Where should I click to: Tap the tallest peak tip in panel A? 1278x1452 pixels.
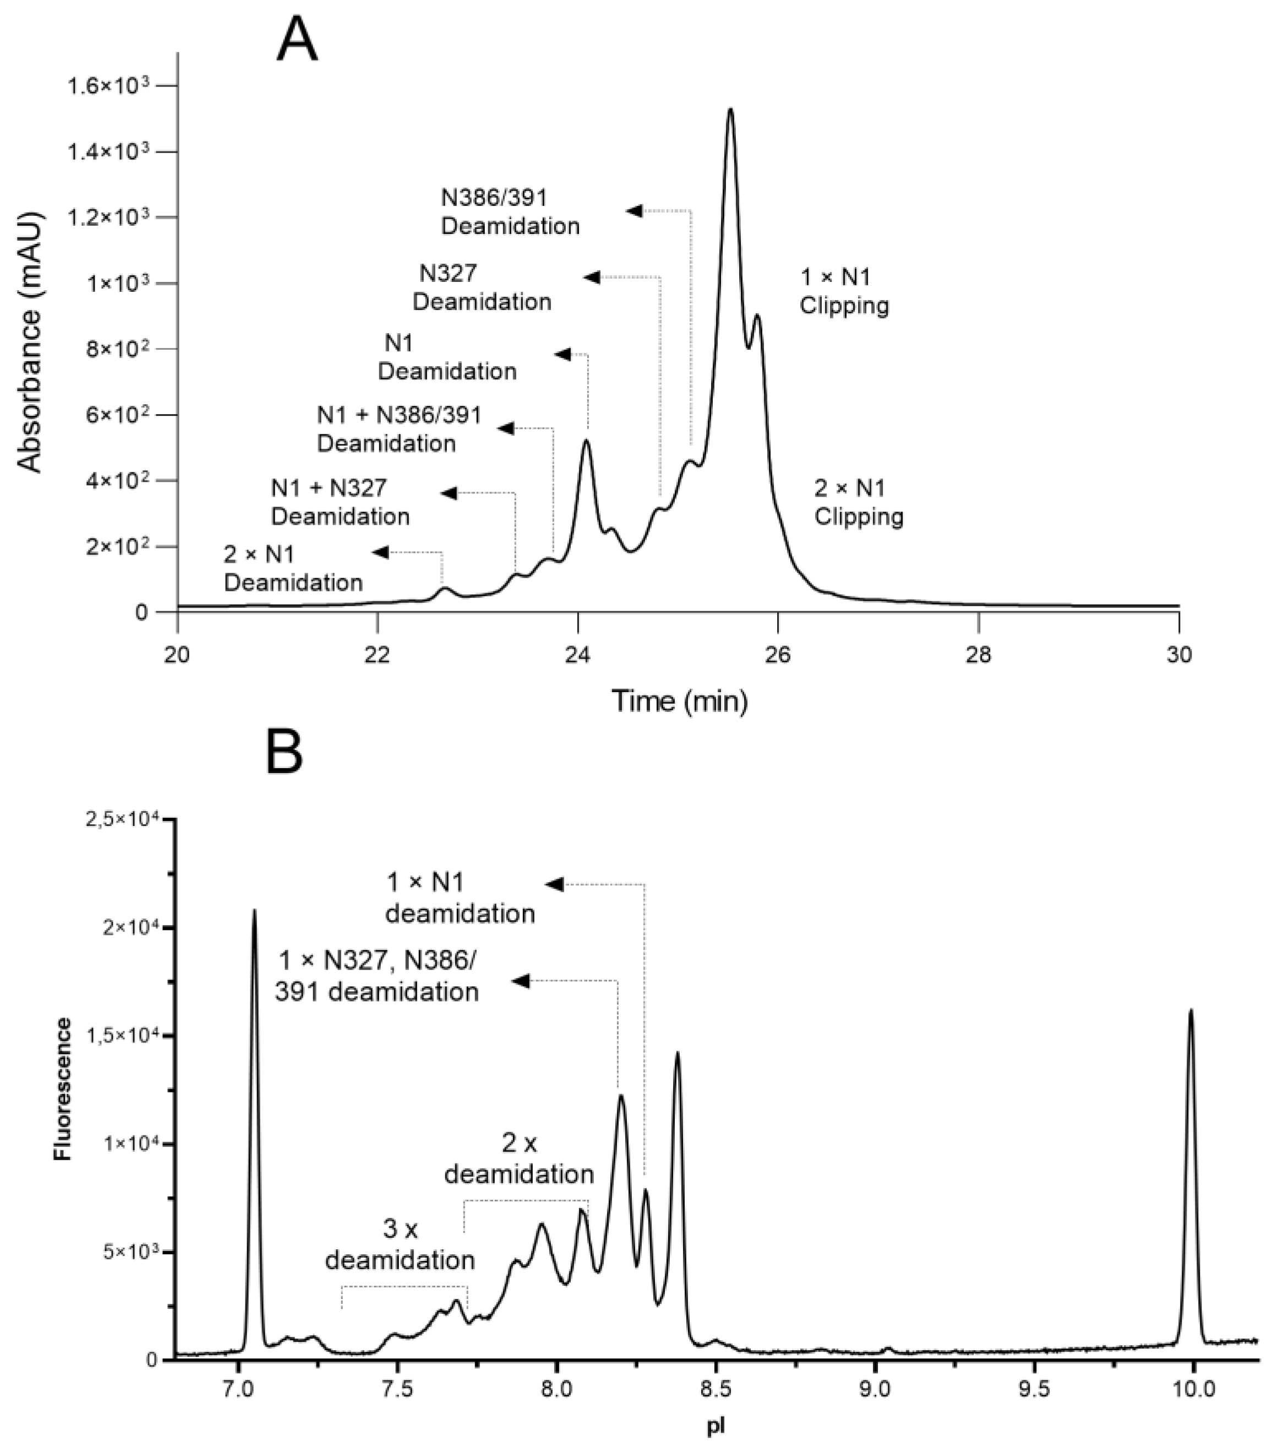pos(730,110)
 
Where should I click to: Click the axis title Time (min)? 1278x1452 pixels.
pos(680,702)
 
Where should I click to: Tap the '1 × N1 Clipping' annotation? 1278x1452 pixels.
pos(844,291)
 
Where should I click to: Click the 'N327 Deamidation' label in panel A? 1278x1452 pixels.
pos(482,287)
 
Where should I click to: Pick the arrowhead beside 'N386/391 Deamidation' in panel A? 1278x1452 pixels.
pos(634,211)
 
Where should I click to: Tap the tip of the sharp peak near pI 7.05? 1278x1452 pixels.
pos(254,911)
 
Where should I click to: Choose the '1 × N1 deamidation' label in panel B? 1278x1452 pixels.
pos(460,898)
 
